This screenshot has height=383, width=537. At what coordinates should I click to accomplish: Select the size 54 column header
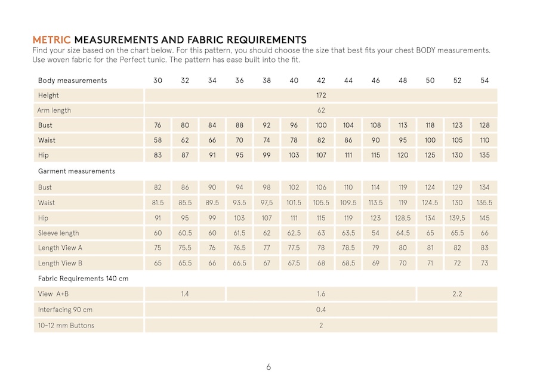(484, 81)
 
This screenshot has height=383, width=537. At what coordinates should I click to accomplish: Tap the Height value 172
(321, 95)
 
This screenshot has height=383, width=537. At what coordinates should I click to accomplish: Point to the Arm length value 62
(321, 110)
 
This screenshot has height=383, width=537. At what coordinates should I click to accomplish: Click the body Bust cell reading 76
(158, 125)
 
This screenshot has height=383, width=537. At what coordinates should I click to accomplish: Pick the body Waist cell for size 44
(348, 140)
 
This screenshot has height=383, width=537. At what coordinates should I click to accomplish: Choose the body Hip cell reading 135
(484, 155)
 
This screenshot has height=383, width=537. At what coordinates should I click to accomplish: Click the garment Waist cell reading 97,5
(267, 203)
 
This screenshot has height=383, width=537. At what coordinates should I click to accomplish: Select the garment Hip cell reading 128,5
(403, 218)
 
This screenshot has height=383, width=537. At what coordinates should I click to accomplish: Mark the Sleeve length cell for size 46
(375, 233)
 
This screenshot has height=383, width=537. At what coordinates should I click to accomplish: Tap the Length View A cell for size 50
(430, 248)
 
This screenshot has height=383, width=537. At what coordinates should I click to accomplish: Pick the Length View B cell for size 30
(158, 263)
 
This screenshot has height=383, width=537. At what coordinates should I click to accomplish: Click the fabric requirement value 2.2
(457, 294)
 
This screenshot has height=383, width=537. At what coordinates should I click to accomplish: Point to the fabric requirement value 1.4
(185, 294)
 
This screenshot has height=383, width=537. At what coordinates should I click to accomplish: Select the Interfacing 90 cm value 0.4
(321, 310)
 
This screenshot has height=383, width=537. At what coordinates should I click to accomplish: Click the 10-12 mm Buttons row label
(66, 325)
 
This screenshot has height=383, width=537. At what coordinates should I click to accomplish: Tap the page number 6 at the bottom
(268, 367)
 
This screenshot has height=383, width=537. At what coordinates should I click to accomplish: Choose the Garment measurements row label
(76, 171)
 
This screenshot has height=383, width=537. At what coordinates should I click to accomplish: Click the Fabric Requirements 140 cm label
(83, 279)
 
